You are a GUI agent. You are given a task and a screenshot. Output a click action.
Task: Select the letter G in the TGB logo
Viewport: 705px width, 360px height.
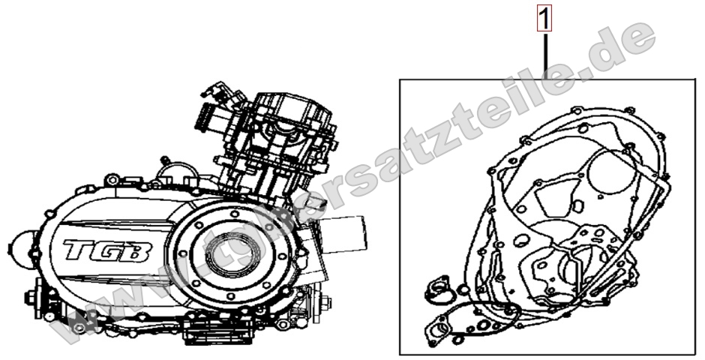[109, 250]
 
